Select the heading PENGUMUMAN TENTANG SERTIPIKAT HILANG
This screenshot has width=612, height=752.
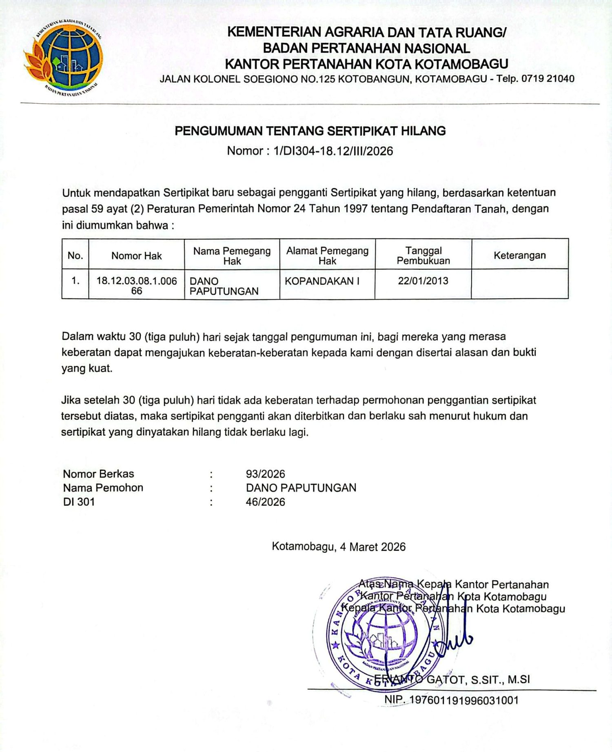coord(310,131)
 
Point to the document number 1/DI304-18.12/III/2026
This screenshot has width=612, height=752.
coord(333,151)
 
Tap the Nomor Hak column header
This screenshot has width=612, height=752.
coord(136,256)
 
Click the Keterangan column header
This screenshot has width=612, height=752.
coord(519,256)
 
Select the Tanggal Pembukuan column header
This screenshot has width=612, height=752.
coord(423,256)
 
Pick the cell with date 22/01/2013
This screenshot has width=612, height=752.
coord(423,281)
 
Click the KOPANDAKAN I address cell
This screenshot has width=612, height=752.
coord(322,281)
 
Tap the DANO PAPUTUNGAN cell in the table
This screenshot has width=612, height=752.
coord(224,286)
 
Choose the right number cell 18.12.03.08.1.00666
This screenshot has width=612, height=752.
coord(136,286)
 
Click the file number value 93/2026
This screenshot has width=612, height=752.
coord(265,474)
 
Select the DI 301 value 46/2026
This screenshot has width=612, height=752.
coord(265,502)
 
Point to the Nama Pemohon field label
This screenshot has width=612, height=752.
coord(103,488)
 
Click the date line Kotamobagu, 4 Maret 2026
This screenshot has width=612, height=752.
coord(339,547)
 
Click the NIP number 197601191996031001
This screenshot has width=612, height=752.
coord(463,700)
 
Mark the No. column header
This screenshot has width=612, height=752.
coord(75,256)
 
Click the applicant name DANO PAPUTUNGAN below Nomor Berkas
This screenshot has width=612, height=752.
coord(301,488)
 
